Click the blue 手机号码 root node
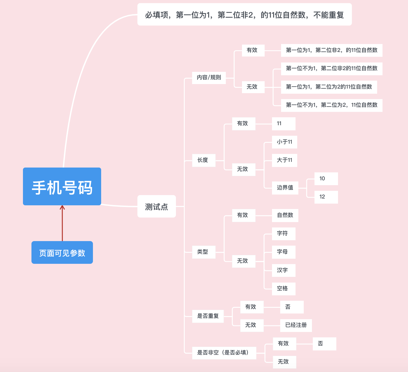tap(62, 186)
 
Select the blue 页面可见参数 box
tap(62, 252)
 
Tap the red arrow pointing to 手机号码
tap(62, 223)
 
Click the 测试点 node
tap(156, 206)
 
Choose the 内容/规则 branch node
tap(209, 78)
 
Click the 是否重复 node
tap(208, 316)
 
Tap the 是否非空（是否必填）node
tap(224, 353)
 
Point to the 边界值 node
tap(285, 188)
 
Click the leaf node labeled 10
tap(326, 179)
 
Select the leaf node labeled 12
tap(326, 197)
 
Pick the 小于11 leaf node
tap(284, 142)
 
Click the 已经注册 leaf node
tap(296, 325)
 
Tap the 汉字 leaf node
tap(283, 270)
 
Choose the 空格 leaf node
tap(283, 289)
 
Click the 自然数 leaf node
tap(285, 215)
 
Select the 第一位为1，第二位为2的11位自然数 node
tap(329, 87)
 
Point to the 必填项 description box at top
tap(244, 14)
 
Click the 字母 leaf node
tap(283, 252)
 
